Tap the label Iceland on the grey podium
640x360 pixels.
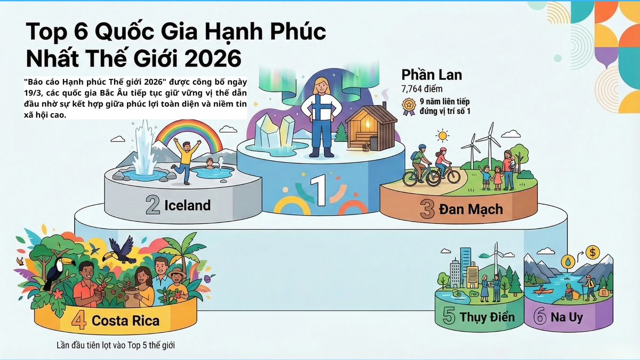[187, 205]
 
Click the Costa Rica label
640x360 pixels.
[125, 321]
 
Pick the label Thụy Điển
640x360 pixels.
[487, 317]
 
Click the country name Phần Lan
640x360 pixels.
[431, 75]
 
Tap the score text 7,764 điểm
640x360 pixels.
[422, 89]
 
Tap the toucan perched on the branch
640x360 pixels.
[56, 269]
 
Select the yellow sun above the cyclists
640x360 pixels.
[442, 135]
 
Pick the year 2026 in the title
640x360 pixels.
[210, 58]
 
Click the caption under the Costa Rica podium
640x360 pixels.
[116, 345]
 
